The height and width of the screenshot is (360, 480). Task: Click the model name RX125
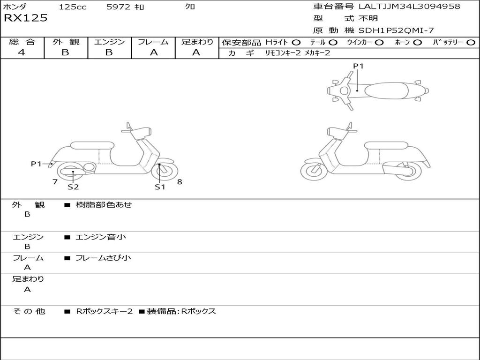coord(25,18)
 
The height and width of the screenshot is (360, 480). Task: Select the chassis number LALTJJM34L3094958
coord(409,6)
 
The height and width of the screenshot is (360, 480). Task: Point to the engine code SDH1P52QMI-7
coord(397,30)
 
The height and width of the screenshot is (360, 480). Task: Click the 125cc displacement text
coord(73,7)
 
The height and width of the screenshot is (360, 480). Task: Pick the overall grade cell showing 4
coord(22,52)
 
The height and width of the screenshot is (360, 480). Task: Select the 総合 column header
coord(22,42)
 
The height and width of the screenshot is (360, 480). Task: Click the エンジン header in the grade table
coord(109,42)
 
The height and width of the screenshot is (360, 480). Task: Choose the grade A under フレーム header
coord(153,52)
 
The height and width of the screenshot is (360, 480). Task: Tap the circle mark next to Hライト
coord(296,42)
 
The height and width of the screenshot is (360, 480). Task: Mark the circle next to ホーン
coord(418,42)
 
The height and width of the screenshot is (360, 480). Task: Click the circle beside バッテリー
coord(471,42)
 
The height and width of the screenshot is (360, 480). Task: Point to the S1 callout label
coord(160,187)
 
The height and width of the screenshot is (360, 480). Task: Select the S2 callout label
coord(73,187)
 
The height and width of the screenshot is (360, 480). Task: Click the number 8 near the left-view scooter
coord(180,182)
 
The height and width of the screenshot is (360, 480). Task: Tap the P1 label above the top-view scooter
coord(358,66)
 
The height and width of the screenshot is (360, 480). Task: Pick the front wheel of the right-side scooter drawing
coord(314,171)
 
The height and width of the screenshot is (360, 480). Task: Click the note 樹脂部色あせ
coord(104,205)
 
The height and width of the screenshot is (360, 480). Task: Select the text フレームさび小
coord(103,258)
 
